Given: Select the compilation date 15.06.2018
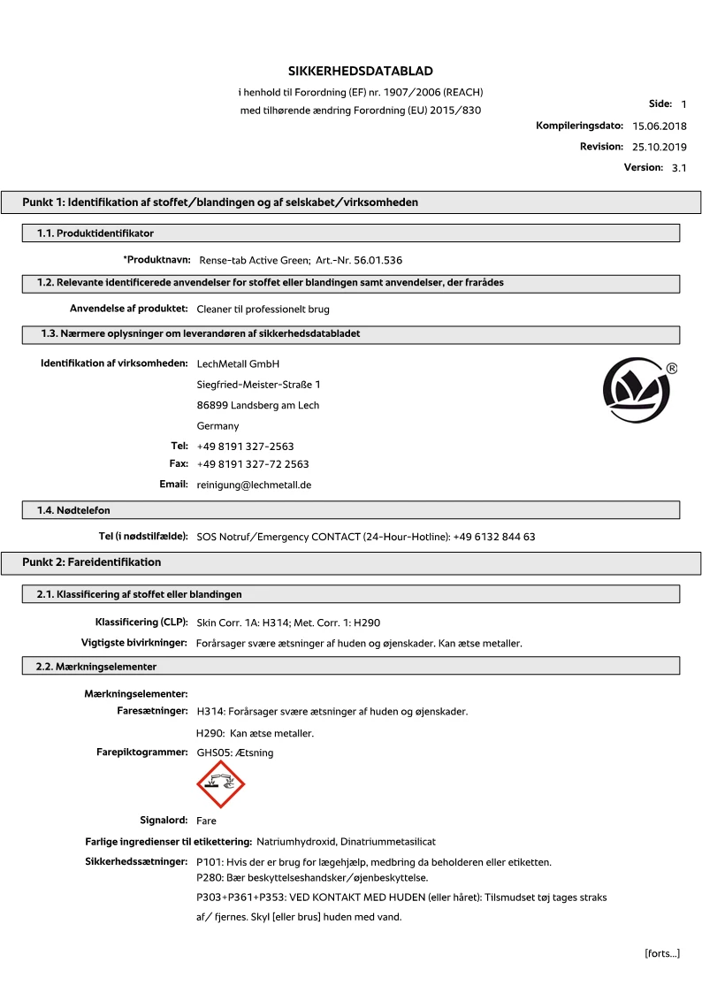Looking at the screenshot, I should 659,126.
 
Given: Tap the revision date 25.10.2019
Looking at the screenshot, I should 659,147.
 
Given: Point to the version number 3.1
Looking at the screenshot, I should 679,167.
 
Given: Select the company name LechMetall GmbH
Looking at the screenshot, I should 239,363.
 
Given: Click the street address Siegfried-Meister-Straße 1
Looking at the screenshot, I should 258,385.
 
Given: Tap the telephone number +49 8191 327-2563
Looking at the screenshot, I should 245,447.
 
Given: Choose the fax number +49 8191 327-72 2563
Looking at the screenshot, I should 253,464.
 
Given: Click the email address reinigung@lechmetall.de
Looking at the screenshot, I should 254,485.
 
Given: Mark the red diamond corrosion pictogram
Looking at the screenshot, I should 220,783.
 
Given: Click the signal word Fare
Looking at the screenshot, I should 206,821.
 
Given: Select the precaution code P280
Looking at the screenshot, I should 210,878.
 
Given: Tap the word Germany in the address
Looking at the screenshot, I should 217,426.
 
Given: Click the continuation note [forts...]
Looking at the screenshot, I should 661,953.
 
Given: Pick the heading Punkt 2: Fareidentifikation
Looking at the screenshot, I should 92,562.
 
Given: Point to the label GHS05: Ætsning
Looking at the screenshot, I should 234,752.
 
